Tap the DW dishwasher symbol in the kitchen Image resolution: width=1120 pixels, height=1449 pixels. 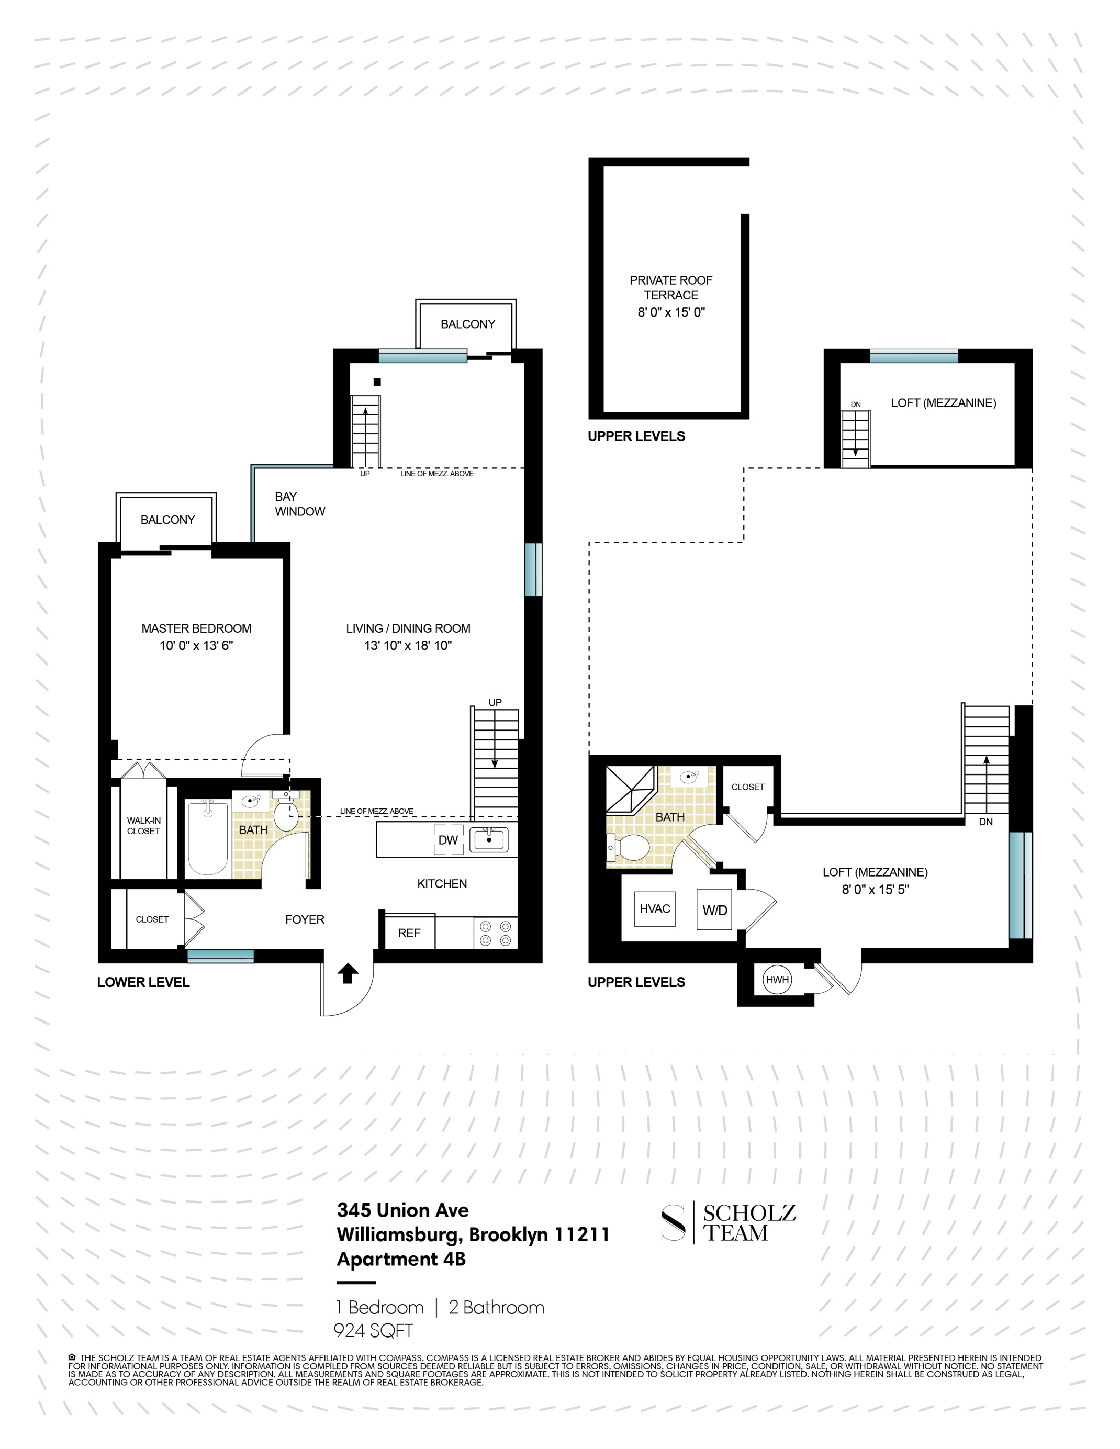[x=449, y=839]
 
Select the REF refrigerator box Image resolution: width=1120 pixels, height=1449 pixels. [x=409, y=933]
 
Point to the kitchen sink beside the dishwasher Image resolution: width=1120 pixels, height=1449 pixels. [x=489, y=839]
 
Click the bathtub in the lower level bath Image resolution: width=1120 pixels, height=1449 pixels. [x=208, y=839]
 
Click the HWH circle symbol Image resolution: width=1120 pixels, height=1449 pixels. [x=777, y=979]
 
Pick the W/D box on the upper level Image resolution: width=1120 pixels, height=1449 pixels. [x=714, y=911]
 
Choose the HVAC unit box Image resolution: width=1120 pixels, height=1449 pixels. [x=655, y=908]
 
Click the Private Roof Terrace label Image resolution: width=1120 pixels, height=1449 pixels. [x=671, y=288]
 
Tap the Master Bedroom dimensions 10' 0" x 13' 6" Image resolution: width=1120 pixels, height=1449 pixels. [x=196, y=646]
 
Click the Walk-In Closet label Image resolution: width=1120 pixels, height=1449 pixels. [x=143, y=825]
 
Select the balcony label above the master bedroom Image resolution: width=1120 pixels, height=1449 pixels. [x=167, y=520]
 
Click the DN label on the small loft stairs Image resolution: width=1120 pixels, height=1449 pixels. [x=855, y=404]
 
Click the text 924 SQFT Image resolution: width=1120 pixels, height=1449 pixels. [x=373, y=1330]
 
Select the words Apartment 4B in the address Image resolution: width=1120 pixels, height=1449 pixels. [x=401, y=1259]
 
